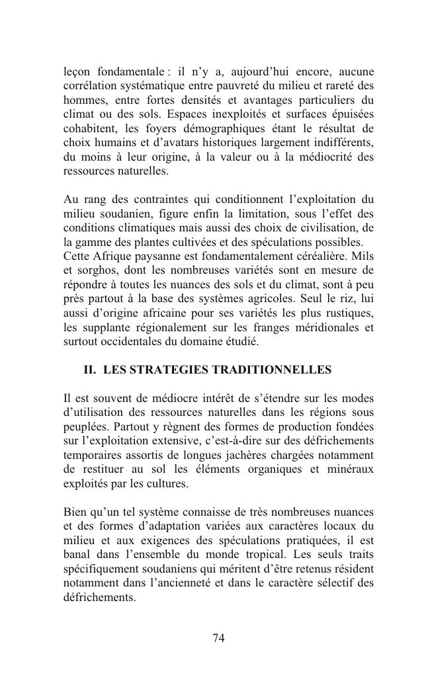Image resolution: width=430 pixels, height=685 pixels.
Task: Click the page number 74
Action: coord(219,638)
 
